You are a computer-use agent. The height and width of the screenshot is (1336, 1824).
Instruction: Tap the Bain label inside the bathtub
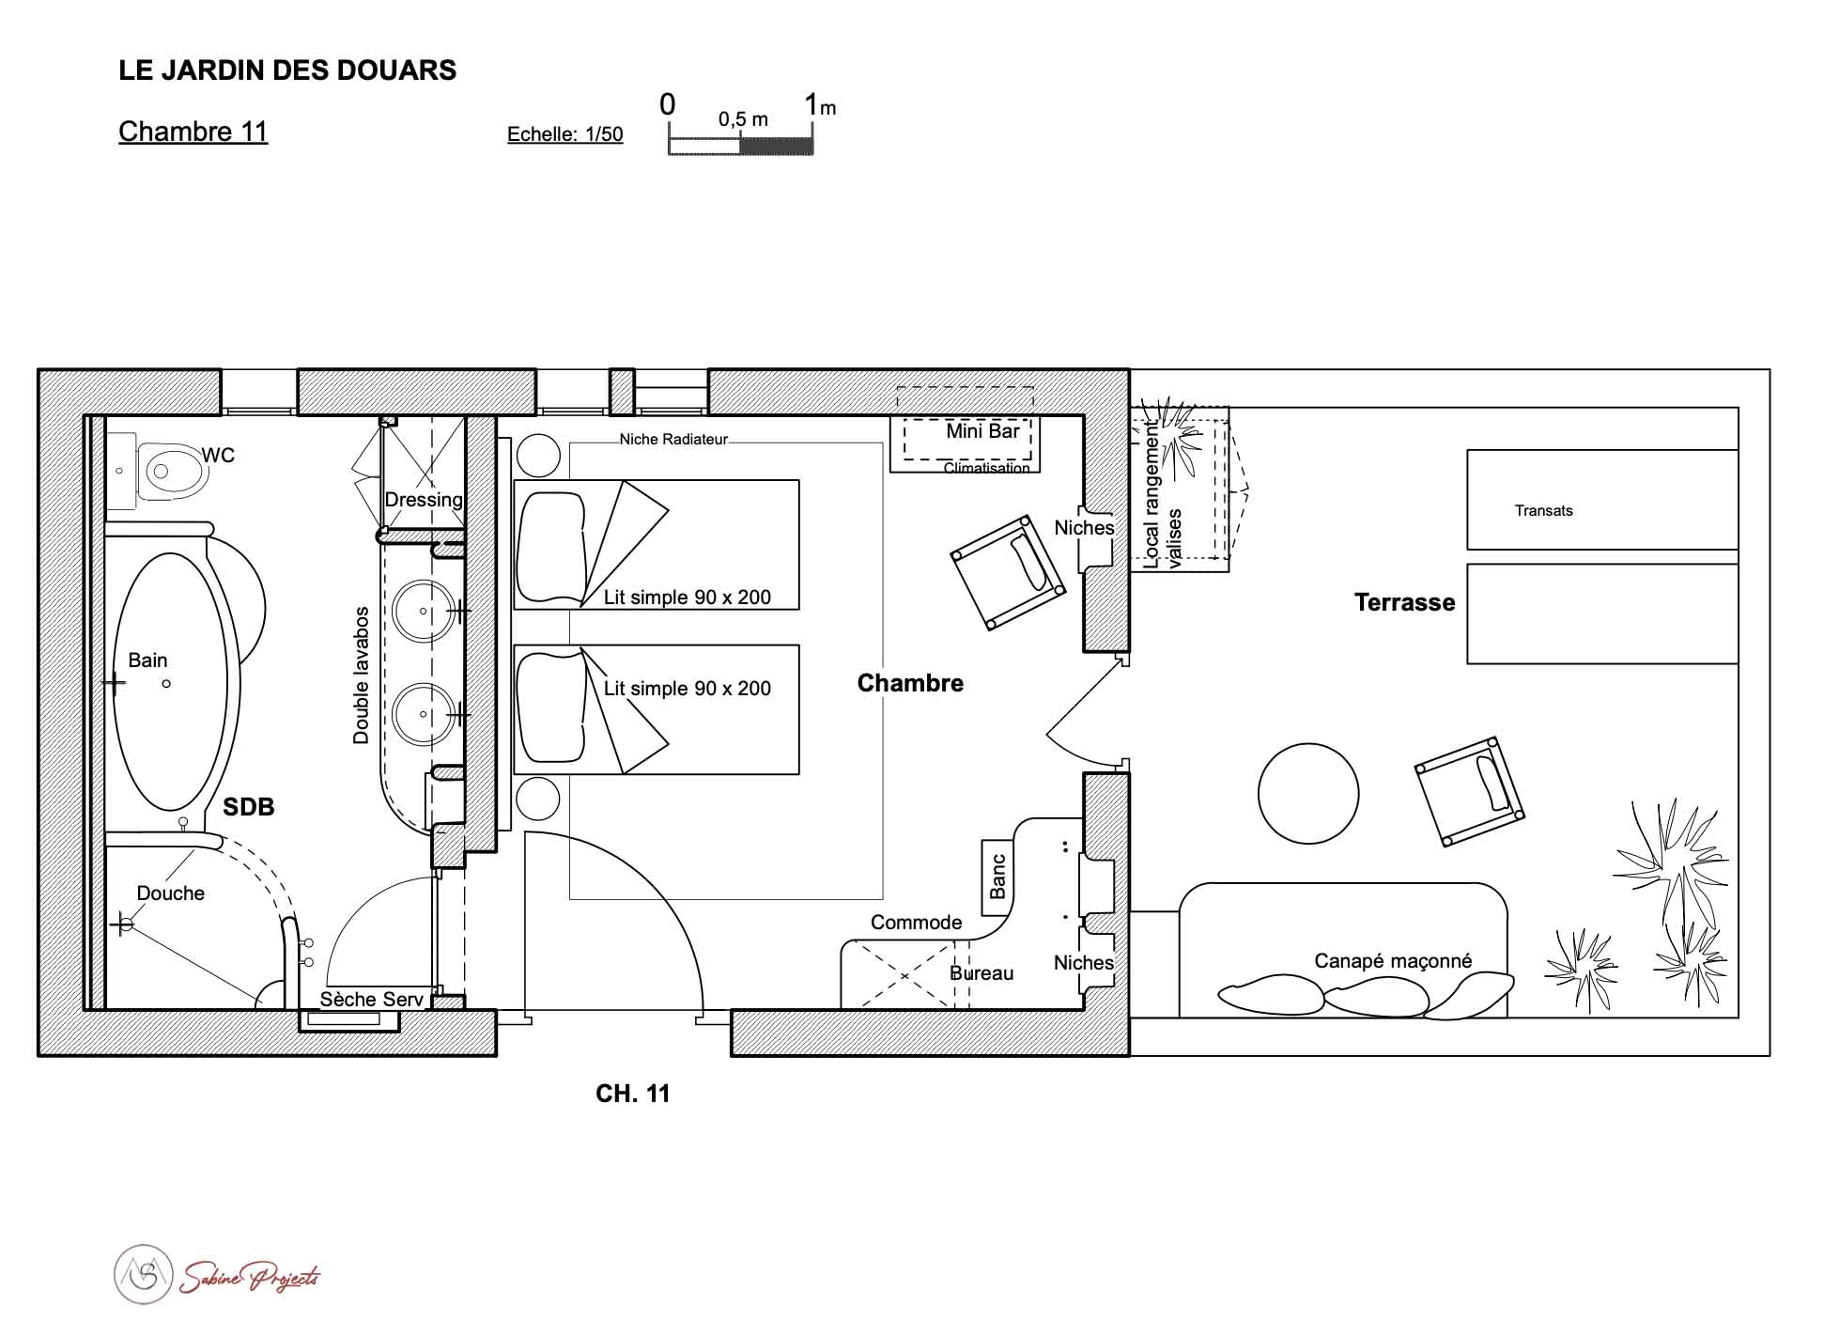coord(147,660)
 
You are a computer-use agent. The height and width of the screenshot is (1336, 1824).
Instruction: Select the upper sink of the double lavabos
coord(423,611)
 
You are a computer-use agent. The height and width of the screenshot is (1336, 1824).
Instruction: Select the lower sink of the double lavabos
coord(423,714)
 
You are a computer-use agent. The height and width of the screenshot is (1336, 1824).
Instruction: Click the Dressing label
coord(424,500)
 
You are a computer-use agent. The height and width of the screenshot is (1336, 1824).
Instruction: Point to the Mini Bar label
coord(982,431)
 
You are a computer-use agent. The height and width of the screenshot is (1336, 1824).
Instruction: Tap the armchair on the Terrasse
coord(1469,792)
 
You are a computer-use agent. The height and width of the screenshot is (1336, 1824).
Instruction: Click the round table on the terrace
coord(1307,793)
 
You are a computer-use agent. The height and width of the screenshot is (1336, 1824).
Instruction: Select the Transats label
coord(1543,511)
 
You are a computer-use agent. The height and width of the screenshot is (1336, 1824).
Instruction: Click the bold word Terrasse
coord(1404,602)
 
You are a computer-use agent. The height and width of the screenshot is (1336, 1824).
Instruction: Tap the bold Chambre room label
coord(910,683)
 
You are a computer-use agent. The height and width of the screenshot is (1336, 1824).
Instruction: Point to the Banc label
coord(997,877)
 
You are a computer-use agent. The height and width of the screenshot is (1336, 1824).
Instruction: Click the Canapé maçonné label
coord(1392,961)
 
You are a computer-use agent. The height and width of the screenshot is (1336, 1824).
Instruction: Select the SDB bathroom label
coord(248,807)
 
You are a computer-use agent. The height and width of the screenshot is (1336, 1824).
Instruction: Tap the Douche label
coord(170,893)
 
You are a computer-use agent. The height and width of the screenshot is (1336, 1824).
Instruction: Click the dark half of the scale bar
coord(777,146)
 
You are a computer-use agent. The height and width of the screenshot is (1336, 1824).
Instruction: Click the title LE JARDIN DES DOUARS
coord(287,70)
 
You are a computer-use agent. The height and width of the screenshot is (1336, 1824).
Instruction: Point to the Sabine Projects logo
coord(217,1275)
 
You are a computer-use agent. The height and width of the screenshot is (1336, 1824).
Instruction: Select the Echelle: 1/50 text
coord(564,134)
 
